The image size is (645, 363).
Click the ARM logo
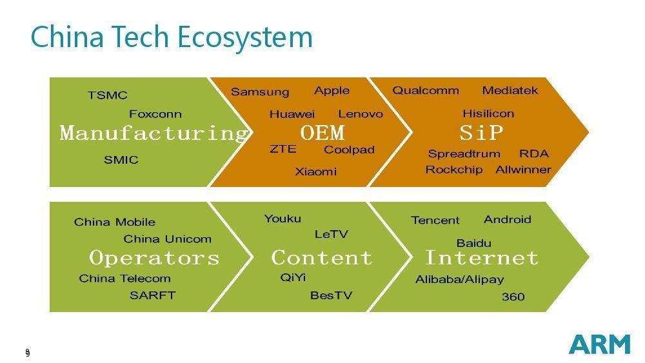pos(600,344)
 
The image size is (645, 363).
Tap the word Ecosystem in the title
pos(244,37)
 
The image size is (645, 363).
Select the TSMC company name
pos(108,95)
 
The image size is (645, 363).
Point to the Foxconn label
pos(155,114)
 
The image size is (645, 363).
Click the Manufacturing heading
pos(154,133)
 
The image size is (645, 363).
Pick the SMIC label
pos(121,159)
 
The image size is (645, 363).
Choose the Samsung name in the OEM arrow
pos(260,92)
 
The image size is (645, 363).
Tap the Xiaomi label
pos(316,172)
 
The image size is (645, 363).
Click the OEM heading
pos(322,133)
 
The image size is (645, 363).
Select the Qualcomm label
pos(426,90)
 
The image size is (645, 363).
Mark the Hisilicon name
pos(488,113)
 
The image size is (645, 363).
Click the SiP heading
pos(481,133)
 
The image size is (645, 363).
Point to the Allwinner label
pos(523,170)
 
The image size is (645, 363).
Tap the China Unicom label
pos(168,239)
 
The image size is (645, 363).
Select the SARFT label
pos(153,295)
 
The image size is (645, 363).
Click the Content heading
pos(322,258)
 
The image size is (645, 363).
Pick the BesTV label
pos(331,295)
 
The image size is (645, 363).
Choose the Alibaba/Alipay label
pos(459,280)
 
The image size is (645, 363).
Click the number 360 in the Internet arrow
pos(513,297)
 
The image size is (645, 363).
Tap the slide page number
pos(28,352)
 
